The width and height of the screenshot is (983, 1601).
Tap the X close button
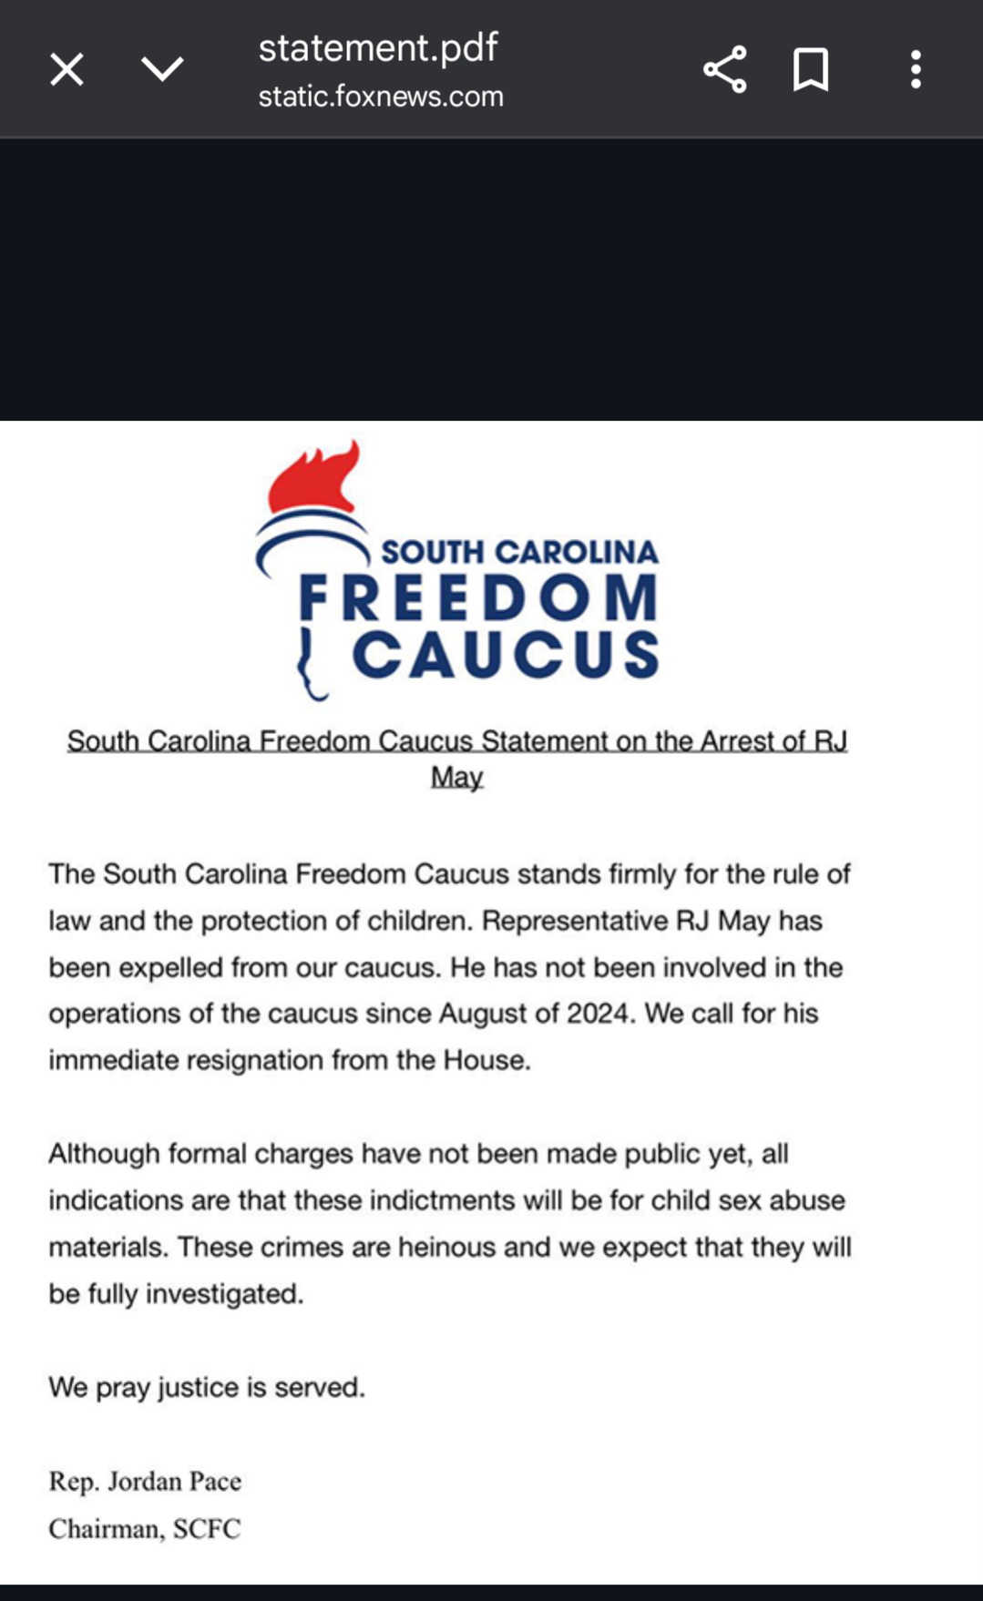click(67, 69)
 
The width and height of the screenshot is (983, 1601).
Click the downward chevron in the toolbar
click(162, 69)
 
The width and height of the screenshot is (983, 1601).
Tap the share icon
click(724, 69)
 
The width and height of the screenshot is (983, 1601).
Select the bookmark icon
click(811, 69)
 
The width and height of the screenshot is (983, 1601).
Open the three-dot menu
click(916, 69)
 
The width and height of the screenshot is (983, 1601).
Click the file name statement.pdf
click(378, 47)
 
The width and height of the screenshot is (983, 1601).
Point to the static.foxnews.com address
click(381, 97)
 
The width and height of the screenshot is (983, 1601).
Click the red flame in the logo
click(314, 478)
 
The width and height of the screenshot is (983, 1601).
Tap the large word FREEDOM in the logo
click(478, 597)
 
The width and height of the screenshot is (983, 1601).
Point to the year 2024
click(598, 1014)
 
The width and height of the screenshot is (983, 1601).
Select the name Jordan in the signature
click(144, 1482)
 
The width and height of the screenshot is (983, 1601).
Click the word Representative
click(575, 921)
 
